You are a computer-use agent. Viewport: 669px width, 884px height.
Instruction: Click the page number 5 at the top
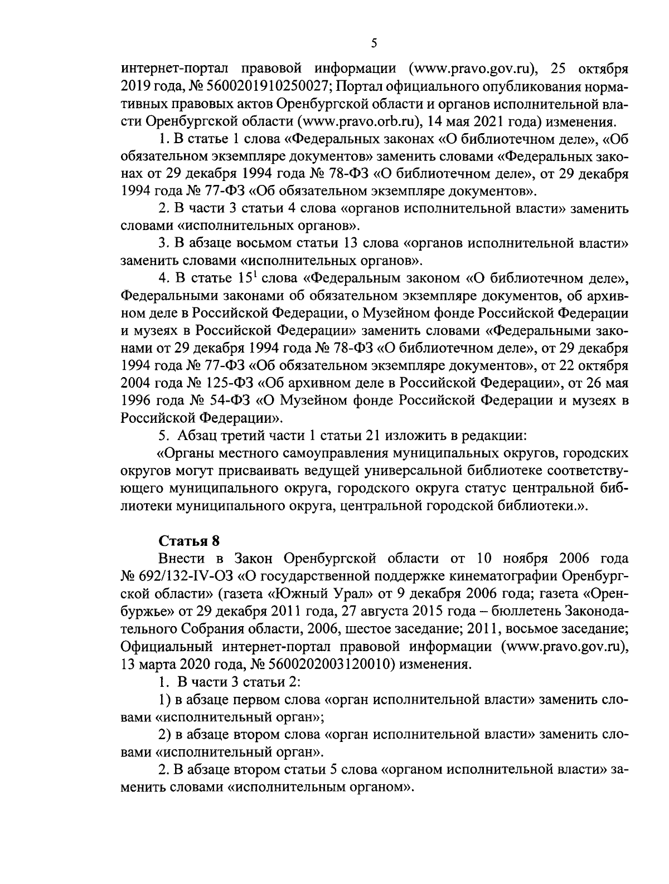374,43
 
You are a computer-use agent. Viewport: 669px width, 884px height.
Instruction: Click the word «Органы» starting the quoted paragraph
186,453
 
